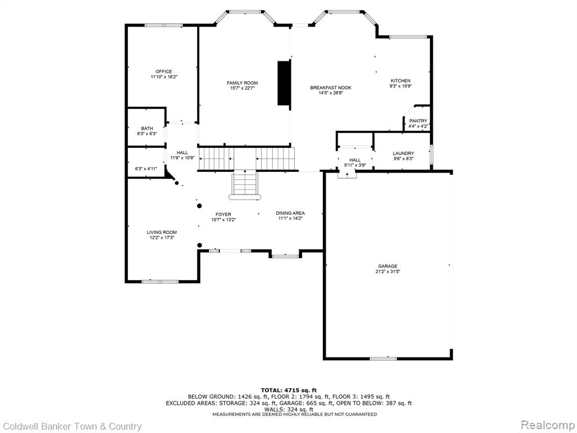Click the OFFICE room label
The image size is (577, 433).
pyautogui.click(x=164, y=72)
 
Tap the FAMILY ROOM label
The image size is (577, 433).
pyautogui.click(x=242, y=83)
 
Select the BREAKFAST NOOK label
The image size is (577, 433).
pyautogui.click(x=330, y=87)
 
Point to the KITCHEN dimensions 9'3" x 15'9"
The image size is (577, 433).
pyautogui.click(x=401, y=86)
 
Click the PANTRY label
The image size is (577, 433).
pyautogui.click(x=418, y=121)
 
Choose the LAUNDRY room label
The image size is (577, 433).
pyautogui.click(x=403, y=153)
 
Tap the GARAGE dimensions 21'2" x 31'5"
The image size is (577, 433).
pyautogui.click(x=388, y=271)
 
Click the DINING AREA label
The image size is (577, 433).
pyautogui.click(x=290, y=213)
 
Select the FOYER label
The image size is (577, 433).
pyautogui.click(x=223, y=214)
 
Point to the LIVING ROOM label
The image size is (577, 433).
pyautogui.click(x=162, y=232)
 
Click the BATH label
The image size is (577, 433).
pyautogui.click(x=147, y=129)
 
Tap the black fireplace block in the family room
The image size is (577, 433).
pyautogui.click(x=284, y=83)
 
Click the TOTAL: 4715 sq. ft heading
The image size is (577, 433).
pyautogui.click(x=289, y=390)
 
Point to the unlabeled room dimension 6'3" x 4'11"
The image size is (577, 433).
pyautogui.click(x=146, y=169)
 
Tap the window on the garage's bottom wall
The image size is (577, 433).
pyautogui.click(x=383, y=358)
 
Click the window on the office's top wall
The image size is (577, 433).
pyautogui.click(x=164, y=25)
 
